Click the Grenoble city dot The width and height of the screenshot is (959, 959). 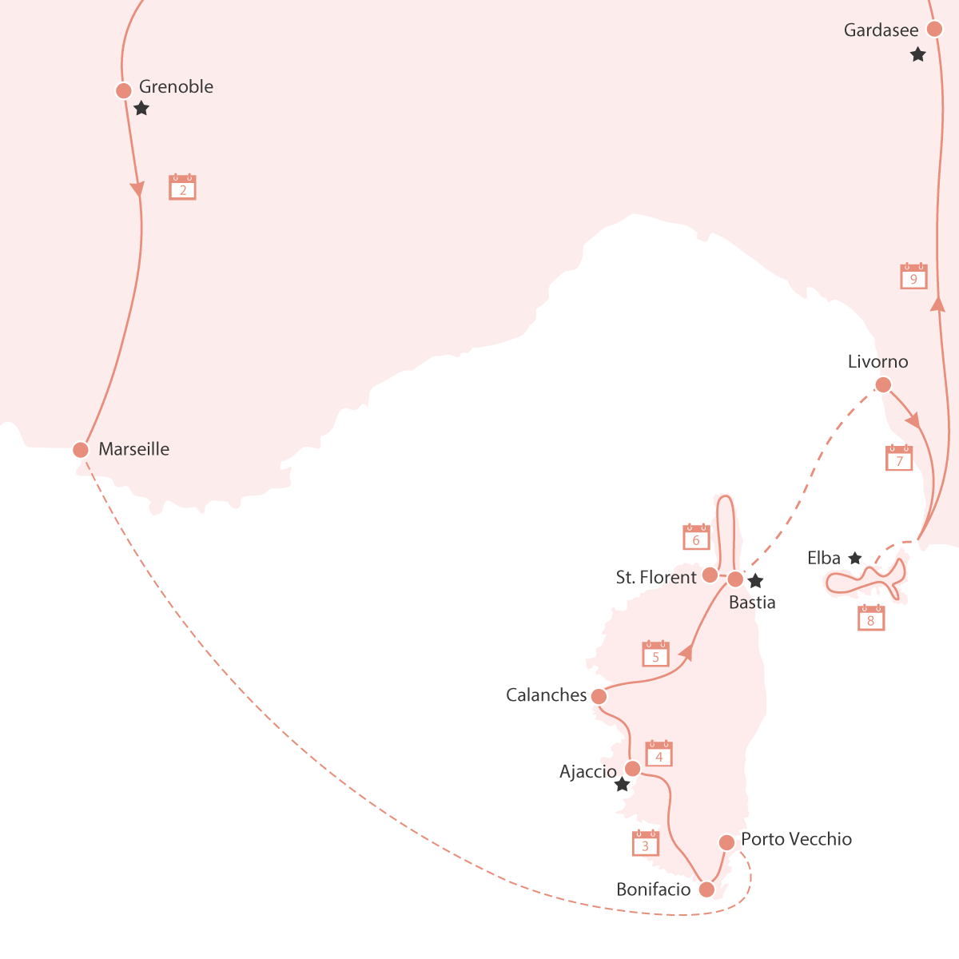pyautogui.click(x=123, y=90)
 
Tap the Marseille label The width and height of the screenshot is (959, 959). pyautogui.click(x=134, y=449)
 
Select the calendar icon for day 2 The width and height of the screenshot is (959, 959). pyautogui.click(x=183, y=187)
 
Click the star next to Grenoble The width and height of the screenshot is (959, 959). pyautogui.click(x=141, y=108)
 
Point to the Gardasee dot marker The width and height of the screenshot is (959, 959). pyautogui.click(x=934, y=29)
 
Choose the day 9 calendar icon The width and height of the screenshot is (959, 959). pyautogui.click(x=913, y=275)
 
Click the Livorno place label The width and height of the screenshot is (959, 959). pyautogui.click(x=877, y=362)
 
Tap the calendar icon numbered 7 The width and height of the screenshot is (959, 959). pyautogui.click(x=899, y=457)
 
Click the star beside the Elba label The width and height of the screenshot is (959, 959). pyautogui.click(x=855, y=558)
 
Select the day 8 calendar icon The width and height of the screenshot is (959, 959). pyautogui.click(x=871, y=617)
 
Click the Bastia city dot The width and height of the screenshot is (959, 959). pyautogui.click(x=735, y=579)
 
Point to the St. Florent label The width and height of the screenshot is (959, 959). pyautogui.click(x=656, y=577)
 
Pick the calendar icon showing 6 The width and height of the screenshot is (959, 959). pyautogui.click(x=696, y=536)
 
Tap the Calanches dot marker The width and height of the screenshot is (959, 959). pyautogui.click(x=599, y=696)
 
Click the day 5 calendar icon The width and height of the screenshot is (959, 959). pyautogui.click(x=655, y=654)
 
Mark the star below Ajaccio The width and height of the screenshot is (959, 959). pyautogui.click(x=622, y=784)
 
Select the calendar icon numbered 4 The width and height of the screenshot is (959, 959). pyautogui.click(x=659, y=754)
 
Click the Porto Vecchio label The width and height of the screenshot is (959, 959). pyautogui.click(x=796, y=839)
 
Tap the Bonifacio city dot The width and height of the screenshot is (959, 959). pyautogui.click(x=706, y=889)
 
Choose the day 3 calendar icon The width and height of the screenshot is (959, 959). pyautogui.click(x=646, y=842)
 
